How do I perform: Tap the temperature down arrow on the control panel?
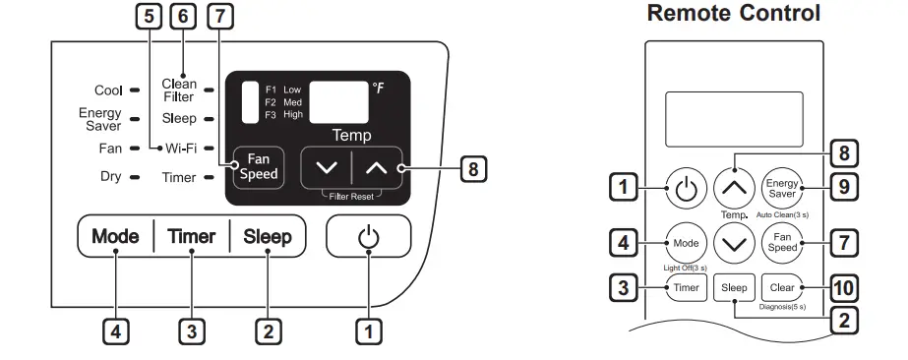click(326, 168)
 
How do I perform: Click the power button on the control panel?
click(368, 238)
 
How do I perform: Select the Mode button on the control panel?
click(115, 237)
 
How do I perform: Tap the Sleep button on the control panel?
click(268, 237)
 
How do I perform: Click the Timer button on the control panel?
click(191, 237)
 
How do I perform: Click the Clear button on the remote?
click(782, 288)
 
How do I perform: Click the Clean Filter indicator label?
click(179, 90)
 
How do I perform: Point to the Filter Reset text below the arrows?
click(351, 196)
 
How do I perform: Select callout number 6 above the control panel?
click(182, 17)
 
